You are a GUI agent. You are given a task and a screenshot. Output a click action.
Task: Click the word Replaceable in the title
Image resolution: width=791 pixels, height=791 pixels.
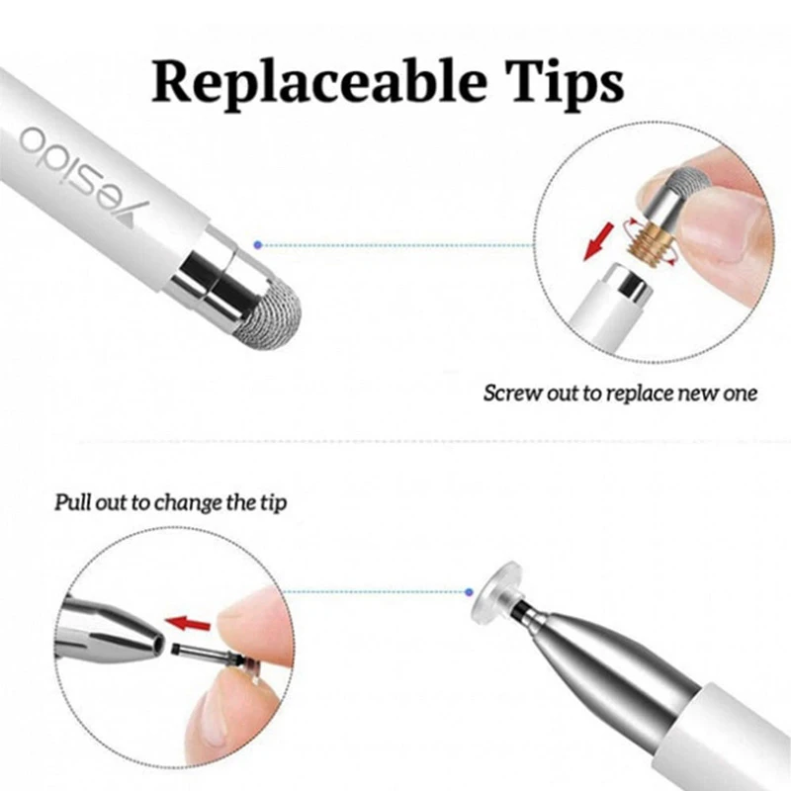[318, 82]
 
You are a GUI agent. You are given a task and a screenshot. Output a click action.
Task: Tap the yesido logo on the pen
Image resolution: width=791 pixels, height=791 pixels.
[83, 175]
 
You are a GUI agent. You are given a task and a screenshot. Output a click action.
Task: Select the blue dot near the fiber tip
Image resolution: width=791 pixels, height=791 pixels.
[258, 245]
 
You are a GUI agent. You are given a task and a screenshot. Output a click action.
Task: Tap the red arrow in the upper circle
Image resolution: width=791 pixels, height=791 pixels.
[599, 242]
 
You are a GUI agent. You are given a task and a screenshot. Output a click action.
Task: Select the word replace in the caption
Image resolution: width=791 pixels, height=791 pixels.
[641, 394]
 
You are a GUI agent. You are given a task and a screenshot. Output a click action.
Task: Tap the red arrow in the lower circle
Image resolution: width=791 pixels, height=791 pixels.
[188, 624]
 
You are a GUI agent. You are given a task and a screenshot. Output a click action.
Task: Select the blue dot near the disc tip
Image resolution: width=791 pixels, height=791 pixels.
[469, 591]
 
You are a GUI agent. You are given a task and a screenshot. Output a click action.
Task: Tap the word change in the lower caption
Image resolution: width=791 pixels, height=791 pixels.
[188, 503]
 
